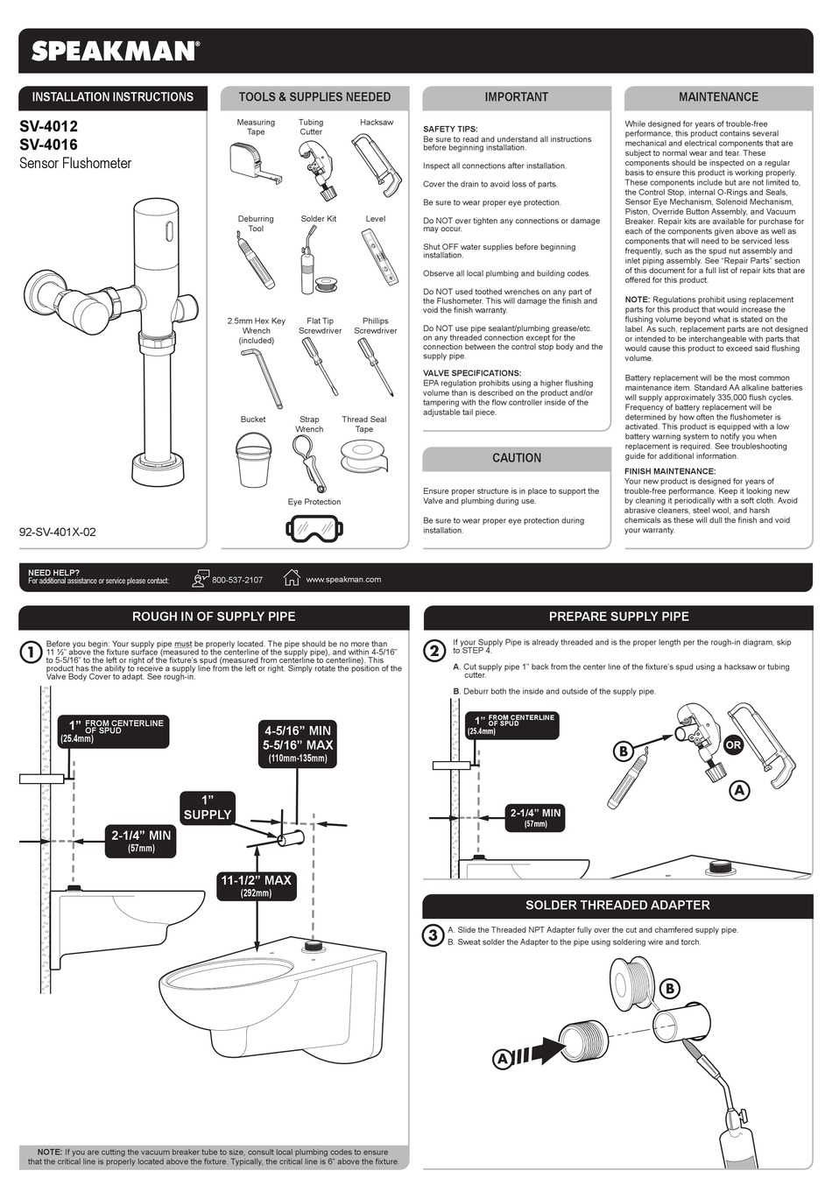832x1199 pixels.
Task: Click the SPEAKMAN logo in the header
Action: tap(115, 51)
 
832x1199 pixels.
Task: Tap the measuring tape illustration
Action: tap(254, 164)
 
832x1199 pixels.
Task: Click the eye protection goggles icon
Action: tap(314, 528)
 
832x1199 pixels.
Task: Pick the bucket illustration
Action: tap(254, 461)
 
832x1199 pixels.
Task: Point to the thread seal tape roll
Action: tap(363, 457)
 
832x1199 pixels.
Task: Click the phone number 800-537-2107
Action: tap(236, 580)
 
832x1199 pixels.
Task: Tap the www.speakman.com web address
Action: tap(343, 580)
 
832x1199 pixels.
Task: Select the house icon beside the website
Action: tap(292, 577)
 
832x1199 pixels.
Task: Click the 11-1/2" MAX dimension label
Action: tap(256, 885)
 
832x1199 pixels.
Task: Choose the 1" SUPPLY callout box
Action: tap(208, 808)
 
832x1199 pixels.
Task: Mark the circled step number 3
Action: tap(433, 935)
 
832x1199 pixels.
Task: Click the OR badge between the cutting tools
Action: tap(733, 745)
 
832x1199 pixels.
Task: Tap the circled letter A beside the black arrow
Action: tap(503, 1059)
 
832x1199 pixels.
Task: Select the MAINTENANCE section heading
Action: tap(718, 97)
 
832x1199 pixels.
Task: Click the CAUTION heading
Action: tap(517, 458)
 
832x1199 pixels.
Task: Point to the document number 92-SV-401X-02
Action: tap(58, 532)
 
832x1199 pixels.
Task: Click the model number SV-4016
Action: tap(48, 145)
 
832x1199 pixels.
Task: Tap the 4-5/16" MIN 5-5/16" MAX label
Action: tap(298, 743)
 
